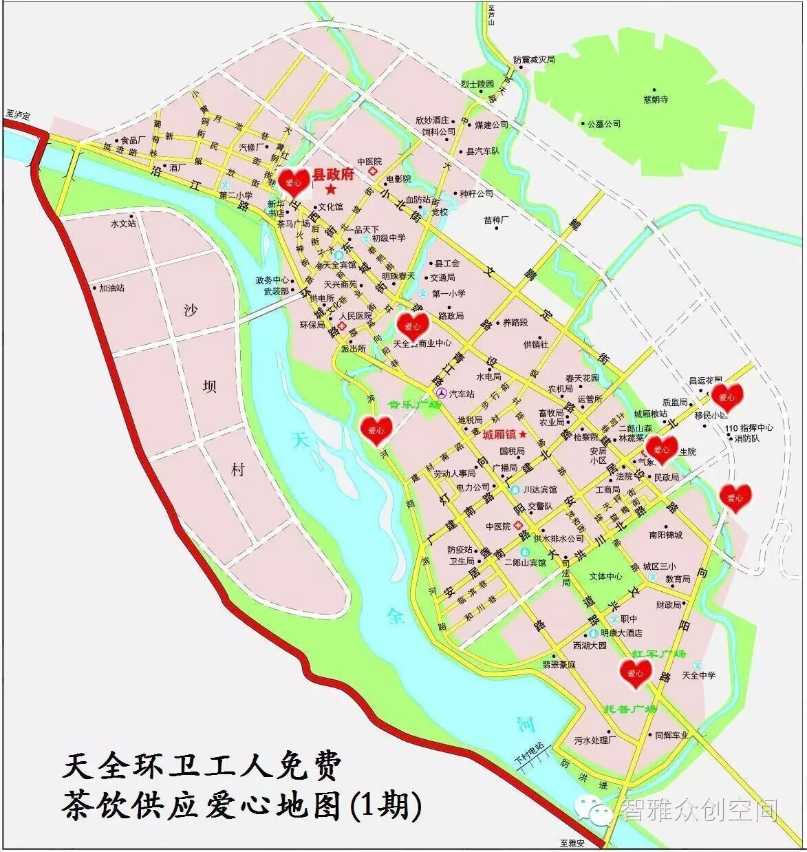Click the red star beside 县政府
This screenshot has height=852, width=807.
pos(331,189)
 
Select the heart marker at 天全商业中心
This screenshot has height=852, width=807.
pos(413,326)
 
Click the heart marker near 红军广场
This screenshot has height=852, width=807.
pos(635,673)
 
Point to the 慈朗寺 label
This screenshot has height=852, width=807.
pos(656,100)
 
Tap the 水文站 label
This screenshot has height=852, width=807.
pos(123,224)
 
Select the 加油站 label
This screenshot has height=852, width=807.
pos(112,288)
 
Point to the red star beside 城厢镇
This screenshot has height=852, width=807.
pos(523,435)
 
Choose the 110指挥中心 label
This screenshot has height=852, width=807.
pos(749,427)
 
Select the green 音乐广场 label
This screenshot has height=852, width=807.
pos(414,405)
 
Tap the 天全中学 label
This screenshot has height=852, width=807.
pos(698,675)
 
